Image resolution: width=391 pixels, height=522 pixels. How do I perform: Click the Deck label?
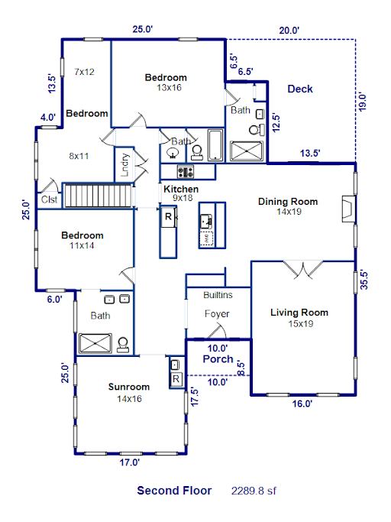[x=300, y=89]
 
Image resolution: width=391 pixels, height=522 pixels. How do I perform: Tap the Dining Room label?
[x=288, y=202]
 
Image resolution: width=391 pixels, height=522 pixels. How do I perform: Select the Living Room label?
[x=299, y=313]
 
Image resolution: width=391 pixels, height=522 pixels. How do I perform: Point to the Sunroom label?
[x=129, y=387]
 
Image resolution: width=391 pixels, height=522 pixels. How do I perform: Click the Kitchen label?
[x=181, y=189]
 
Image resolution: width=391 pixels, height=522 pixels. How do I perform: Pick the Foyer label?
[x=217, y=313]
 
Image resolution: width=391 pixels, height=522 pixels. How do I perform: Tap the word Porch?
[x=218, y=359]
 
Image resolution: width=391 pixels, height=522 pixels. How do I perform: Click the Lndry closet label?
[x=124, y=164]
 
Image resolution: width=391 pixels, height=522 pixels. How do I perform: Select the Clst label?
[x=49, y=199]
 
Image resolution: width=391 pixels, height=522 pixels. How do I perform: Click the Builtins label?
[x=218, y=295]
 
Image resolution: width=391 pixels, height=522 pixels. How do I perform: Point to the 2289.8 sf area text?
[x=254, y=491]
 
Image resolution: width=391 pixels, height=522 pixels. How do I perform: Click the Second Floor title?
[x=174, y=491]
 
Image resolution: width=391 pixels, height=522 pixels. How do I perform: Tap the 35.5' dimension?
[x=364, y=280]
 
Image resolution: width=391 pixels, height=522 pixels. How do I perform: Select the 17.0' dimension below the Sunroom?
[x=130, y=462]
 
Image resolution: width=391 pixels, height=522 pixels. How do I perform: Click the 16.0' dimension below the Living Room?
[x=302, y=404]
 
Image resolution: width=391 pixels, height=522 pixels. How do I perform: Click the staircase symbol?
[x=99, y=196]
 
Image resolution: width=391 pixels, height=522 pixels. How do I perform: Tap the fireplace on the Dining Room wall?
[x=349, y=209]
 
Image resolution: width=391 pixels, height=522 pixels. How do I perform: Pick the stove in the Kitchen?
[x=186, y=172]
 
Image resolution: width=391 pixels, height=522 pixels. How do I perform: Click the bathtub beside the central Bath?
[x=215, y=145]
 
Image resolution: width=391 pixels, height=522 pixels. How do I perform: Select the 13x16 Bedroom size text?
[x=169, y=88]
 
